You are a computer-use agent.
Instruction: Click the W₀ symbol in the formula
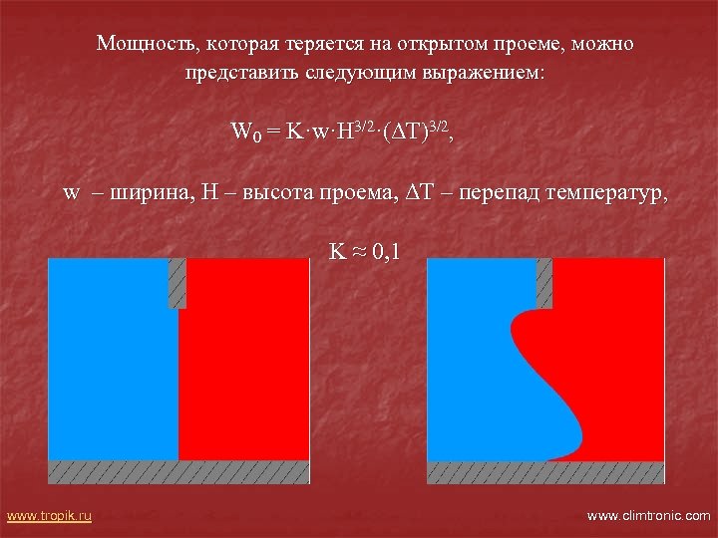coord(243,132)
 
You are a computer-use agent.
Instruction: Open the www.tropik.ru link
coord(49,515)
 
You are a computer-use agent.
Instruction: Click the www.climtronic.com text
coord(648,515)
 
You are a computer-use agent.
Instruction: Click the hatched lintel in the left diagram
coord(178,284)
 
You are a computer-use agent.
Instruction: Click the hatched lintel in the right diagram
coord(544,282)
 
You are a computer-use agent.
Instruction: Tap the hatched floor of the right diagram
coord(545,471)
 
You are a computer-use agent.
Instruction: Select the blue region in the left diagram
coord(110,359)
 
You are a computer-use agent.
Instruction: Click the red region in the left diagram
coord(244,359)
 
